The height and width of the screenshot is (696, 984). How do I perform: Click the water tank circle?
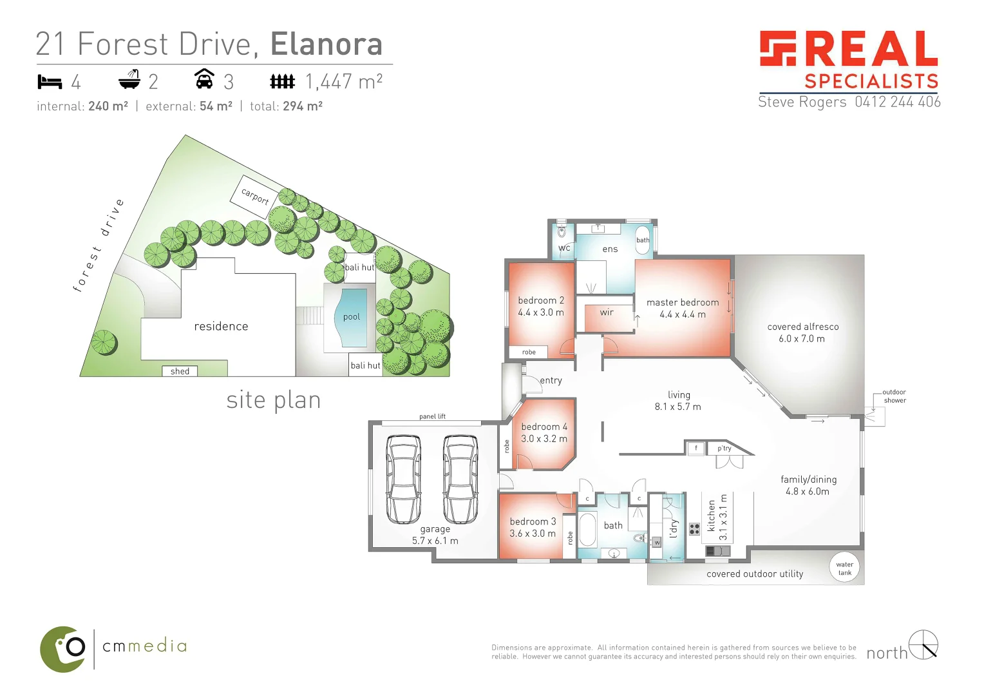pos(844,568)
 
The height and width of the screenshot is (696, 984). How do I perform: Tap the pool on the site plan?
pos(352,317)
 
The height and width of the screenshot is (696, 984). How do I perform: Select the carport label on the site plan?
pos(255,196)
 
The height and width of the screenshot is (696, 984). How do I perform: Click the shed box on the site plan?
pos(180,371)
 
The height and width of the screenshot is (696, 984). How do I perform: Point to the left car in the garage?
pos(403,479)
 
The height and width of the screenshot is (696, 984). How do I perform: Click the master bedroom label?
pos(683,302)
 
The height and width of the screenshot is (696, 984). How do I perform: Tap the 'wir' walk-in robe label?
pos(607,313)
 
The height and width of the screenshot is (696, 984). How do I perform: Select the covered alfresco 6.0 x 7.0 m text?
pos(802,333)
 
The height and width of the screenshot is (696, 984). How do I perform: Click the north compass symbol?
pos(923,644)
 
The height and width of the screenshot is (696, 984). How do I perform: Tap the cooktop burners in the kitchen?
pos(694,529)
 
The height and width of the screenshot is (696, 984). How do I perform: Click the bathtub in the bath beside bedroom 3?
pos(587,529)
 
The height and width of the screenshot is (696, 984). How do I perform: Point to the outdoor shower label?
pos(894,396)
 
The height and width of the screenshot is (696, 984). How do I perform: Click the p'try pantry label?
pos(724,449)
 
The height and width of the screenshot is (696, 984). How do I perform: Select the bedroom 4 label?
pos(544,427)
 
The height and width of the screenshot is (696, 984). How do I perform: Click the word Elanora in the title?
pos(326,44)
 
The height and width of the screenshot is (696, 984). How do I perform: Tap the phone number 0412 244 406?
pos(897,102)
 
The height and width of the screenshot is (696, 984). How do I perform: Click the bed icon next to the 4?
pos(50,82)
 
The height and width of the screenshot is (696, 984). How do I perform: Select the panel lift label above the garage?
pos(432,416)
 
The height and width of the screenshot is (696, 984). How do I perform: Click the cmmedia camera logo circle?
pos(64,649)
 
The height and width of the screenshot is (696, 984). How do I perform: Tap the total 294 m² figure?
pos(302,106)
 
